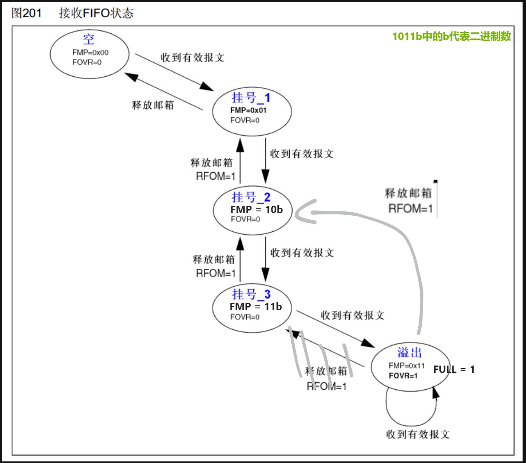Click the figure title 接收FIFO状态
click(96, 13)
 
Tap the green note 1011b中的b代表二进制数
click(452, 36)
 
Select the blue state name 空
click(89, 39)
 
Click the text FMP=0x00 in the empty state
click(90, 52)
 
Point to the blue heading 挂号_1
click(251, 97)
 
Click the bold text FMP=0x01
click(248, 110)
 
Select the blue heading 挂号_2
click(251, 197)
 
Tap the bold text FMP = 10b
click(256, 209)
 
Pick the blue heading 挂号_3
click(251, 295)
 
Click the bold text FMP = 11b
click(256, 307)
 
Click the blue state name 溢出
click(409, 352)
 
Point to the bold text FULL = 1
click(454, 369)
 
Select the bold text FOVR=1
click(403, 376)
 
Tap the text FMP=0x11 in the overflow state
click(407, 366)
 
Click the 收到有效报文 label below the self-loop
click(418, 434)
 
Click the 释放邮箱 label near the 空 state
click(153, 105)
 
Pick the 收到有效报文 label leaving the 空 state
click(192, 58)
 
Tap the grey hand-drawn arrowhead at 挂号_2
click(305, 212)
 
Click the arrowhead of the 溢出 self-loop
click(435, 392)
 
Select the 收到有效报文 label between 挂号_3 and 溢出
click(352, 315)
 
